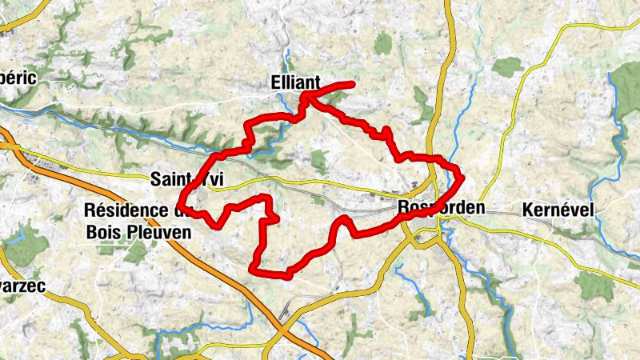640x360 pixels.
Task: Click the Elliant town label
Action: [x=295, y=82]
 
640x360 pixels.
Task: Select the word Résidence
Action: [x=129, y=210]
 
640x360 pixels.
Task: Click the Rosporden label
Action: [x=441, y=208]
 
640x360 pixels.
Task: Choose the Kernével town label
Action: [x=558, y=210]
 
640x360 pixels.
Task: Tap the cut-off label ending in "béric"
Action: [x=20, y=78]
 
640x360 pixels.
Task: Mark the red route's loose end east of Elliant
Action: [x=351, y=84]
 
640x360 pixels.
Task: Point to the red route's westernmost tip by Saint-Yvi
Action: [x=180, y=209]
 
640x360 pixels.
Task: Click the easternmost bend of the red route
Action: [x=462, y=174]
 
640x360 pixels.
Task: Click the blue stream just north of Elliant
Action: [x=286, y=60]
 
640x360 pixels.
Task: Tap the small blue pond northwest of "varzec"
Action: [x=16, y=238]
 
